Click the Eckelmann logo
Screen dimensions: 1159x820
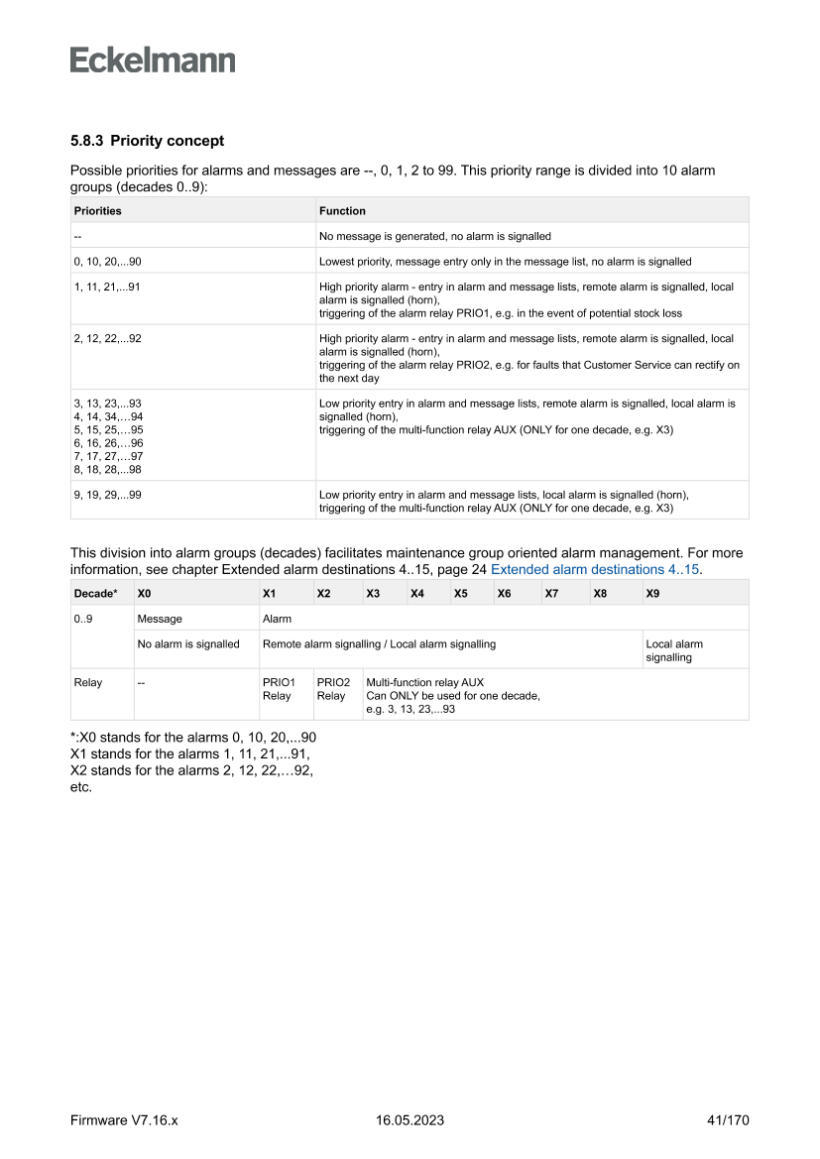153,60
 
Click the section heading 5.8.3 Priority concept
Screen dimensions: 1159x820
147,141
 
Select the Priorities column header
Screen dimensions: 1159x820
97,210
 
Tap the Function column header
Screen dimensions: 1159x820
342,210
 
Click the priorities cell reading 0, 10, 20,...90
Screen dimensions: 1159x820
113,262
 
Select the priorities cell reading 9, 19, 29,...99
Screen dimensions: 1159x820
107,494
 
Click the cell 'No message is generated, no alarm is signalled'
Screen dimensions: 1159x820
434,236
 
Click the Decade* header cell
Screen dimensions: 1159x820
96,593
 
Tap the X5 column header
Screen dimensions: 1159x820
460,593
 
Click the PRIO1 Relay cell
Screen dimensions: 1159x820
279,689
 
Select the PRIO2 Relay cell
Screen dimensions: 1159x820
333,689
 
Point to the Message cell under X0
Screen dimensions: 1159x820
160,619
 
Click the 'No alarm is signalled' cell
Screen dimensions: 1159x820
188,644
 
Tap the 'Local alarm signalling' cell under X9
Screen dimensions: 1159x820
674,650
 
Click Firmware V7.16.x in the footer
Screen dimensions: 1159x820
124,1120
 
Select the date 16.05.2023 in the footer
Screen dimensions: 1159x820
410,1120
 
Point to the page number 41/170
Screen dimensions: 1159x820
728,1120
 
